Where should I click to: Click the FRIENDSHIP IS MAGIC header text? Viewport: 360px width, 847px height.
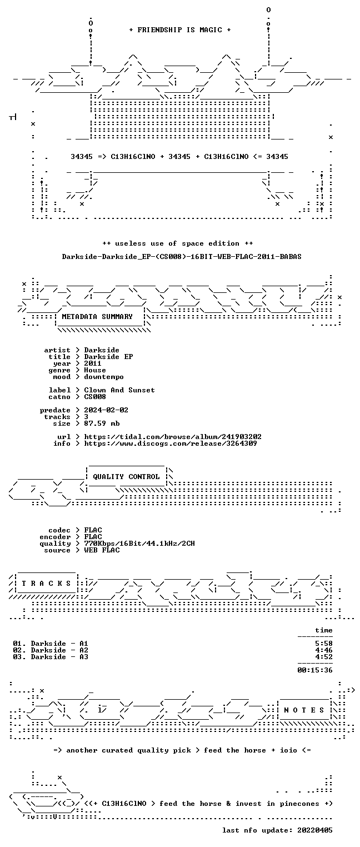(x=180, y=30)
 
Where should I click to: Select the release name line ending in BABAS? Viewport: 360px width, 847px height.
(x=182, y=257)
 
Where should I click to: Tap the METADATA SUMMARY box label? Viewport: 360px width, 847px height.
(x=97, y=316)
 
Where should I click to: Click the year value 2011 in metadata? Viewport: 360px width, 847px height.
(x=93, y=363)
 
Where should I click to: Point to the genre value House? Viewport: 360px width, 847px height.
(x=95, y=370)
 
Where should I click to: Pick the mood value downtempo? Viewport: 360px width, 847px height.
(x=104, y=377)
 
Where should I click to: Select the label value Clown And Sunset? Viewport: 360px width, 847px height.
(x=119, y=390)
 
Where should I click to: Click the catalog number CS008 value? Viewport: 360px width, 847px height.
(x=95, y=397)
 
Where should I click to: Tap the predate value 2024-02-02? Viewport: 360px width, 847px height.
(x=106, y=410)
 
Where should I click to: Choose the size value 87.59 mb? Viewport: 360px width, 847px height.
(x=102, y=423)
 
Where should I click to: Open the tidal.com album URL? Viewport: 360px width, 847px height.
(x=172, y=437)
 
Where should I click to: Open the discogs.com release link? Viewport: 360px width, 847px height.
(x=170, y=444)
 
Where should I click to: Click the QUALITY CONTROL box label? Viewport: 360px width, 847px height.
(x=126, y=477)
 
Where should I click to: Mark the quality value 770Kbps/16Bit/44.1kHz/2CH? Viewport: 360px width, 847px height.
(x=139, y=544)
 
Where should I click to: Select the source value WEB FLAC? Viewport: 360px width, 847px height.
(x=102, y=550)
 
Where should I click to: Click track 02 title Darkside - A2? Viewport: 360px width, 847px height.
(x=59, y=650)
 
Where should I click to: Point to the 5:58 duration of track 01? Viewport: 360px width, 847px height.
(x=324, y=644)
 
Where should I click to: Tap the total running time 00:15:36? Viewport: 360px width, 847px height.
(x=315, y=670)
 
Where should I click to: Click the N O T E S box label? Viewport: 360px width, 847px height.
(x=304, y=710)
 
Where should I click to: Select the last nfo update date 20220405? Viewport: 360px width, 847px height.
(x=315, y=830)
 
